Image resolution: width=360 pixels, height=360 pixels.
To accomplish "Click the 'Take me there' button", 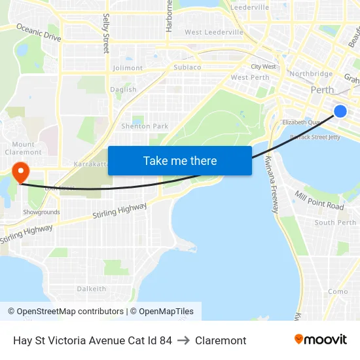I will [180, 161].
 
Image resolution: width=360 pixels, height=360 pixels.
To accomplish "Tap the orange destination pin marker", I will [21, 172].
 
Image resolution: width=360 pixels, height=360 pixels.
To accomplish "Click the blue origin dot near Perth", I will [340, 111].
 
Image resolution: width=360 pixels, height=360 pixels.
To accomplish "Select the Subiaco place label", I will [187, 67].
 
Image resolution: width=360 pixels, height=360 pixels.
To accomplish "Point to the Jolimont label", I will [128, 68].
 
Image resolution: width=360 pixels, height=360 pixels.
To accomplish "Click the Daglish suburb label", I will [124, 90].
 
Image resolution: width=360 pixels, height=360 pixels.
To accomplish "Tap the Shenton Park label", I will [145, 126].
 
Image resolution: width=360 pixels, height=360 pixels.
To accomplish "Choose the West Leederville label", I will [214, 32].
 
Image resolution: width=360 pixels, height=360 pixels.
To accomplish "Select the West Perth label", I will [250, 78].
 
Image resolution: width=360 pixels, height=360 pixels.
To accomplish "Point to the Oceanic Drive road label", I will [39, 33].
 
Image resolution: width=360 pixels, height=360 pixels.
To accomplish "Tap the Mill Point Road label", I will [319, 201].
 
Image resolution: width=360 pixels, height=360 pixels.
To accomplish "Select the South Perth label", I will [335, 223].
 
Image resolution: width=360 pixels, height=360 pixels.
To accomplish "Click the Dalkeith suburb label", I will [92, 289].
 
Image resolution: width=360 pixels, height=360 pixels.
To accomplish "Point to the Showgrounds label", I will [41, 212].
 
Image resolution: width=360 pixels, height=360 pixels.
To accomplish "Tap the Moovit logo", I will [321, 340].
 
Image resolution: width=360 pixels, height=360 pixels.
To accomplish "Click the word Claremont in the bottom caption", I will [221, 340].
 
